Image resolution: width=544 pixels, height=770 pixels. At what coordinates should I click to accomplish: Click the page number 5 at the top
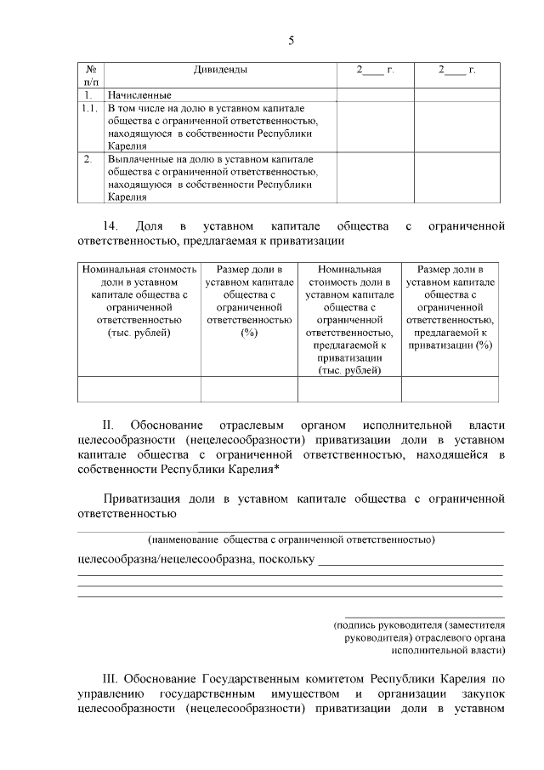[x=291, y=40]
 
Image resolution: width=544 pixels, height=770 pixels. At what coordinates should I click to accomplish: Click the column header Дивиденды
[x=219, y=69]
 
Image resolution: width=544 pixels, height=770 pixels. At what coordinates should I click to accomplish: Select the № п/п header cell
[x=90, y=75]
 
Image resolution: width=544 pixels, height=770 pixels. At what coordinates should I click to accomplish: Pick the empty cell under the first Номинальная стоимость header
[x=139, y=388]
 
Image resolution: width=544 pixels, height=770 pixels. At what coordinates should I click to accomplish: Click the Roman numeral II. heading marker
[x=108, y=424]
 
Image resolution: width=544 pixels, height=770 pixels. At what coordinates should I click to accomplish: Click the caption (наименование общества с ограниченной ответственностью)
[x=291, y=539]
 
